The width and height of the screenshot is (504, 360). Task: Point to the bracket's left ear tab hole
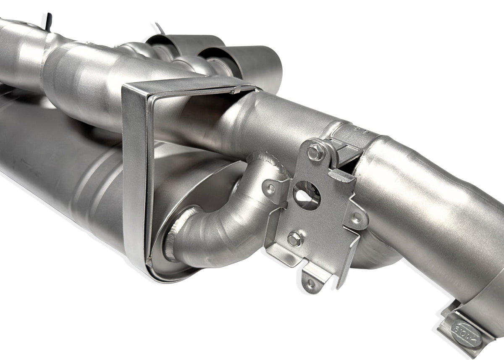pyautogui.click(x=271, y=189)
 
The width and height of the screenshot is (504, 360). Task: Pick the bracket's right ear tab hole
pyautogui.click(x=357, y=218)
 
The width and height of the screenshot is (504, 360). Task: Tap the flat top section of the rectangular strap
pyautogui.click(x=189, y=84)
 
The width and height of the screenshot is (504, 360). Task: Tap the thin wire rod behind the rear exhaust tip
pyautogui.click(x=159, y=28)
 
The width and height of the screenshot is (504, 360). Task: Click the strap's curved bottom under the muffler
pyautogui.click(x=168, y=275)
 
